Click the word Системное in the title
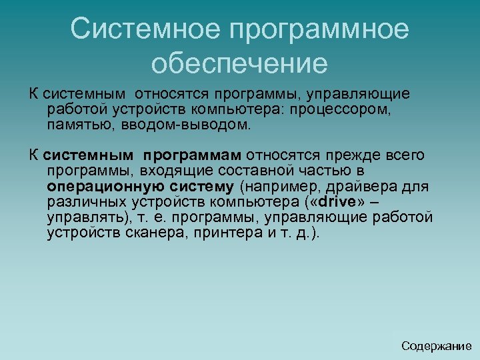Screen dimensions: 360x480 143,29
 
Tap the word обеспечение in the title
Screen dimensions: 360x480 239,64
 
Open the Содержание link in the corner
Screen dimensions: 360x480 437,345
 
